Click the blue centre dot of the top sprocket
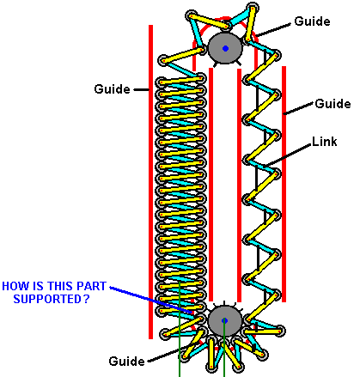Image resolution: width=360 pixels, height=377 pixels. [225, 48]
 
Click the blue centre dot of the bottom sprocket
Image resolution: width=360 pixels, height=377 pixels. [224, 320]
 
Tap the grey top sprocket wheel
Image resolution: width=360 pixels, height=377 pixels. [225, 48]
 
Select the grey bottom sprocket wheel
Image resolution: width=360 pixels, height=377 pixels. [224, 320]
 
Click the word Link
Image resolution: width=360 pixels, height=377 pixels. [324, 142]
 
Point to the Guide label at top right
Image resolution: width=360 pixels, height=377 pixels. [312, 21]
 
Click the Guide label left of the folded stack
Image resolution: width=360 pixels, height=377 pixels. [112, 89]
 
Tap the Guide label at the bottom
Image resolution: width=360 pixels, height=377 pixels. [126, 361]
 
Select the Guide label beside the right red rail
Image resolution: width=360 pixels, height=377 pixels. [333, 103]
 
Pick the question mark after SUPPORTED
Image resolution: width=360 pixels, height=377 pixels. [87, 299]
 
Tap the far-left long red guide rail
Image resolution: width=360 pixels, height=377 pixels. [150, 182]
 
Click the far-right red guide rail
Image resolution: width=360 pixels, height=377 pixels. [284, 184]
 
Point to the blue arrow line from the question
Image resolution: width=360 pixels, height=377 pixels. [151, 300]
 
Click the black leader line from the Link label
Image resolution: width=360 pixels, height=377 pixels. [288, 155]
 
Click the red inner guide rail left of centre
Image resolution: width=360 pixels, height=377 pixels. [211, 185]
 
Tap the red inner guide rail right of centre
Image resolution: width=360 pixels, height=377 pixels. [240, 185]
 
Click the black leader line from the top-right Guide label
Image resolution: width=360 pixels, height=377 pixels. [274, 30]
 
